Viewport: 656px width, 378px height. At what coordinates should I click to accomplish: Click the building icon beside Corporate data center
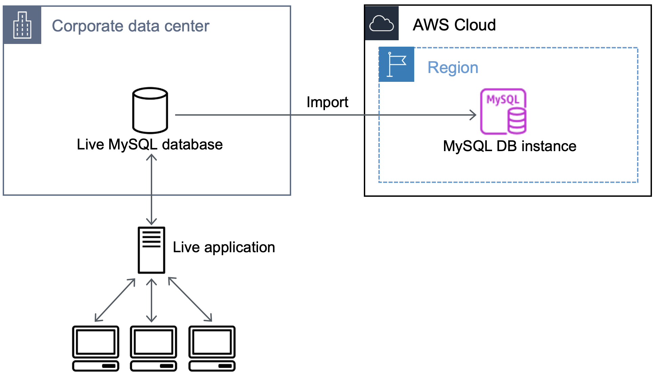22,25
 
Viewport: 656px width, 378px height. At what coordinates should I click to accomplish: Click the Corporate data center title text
131,26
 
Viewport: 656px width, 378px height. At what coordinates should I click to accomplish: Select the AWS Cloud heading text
454,25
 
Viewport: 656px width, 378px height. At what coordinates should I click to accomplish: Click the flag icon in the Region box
396,64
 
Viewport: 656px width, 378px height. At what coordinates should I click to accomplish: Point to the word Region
453,67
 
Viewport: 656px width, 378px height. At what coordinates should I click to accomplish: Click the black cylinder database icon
150,111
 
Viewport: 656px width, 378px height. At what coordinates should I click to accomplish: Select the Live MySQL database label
149,144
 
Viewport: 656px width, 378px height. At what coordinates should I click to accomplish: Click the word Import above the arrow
327,102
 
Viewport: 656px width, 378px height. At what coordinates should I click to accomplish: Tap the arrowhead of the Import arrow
473,115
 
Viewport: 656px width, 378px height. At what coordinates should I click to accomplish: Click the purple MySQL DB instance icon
503,112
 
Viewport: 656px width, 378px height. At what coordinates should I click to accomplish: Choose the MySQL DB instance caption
509,146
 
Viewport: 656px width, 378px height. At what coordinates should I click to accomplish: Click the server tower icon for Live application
151,250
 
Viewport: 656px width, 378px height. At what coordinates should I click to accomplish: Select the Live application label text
224,247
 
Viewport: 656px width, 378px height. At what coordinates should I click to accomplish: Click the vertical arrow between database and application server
151,189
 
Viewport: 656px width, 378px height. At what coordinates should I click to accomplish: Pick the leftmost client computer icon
96,348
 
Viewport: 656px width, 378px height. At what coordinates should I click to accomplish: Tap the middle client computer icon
154,348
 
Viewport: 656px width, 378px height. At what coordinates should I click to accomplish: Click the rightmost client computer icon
212,348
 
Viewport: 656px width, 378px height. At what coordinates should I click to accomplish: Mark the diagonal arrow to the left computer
115,300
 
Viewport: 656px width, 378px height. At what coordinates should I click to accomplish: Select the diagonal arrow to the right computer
190,299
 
